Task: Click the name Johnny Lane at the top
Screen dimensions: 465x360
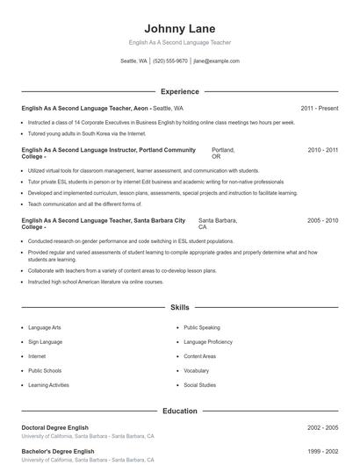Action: [179, 29]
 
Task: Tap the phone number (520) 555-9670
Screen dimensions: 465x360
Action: [170, 61]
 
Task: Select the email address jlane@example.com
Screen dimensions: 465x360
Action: [216, 61]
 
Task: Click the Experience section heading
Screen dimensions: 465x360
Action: [179, 91]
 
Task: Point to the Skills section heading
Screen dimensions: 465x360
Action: [179, 308]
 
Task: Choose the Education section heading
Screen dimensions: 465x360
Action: [179, 411]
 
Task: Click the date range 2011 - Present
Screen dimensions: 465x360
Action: [319, 108]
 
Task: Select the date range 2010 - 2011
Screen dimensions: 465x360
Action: [322, 150]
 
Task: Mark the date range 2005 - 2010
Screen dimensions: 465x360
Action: [322, 220]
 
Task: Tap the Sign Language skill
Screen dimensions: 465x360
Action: [45, 342]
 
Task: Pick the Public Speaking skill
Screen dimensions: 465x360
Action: [202, 327]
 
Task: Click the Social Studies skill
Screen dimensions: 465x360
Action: [199, 385]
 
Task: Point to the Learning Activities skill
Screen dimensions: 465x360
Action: [48, 385]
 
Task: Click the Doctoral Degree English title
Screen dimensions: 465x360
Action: [58, 427]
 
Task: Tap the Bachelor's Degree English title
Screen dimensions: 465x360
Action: [58, 451]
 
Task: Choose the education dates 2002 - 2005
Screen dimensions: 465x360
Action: [322, 427]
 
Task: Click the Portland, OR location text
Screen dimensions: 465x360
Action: [223, 154]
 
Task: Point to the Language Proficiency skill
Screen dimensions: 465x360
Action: [208, 342]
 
